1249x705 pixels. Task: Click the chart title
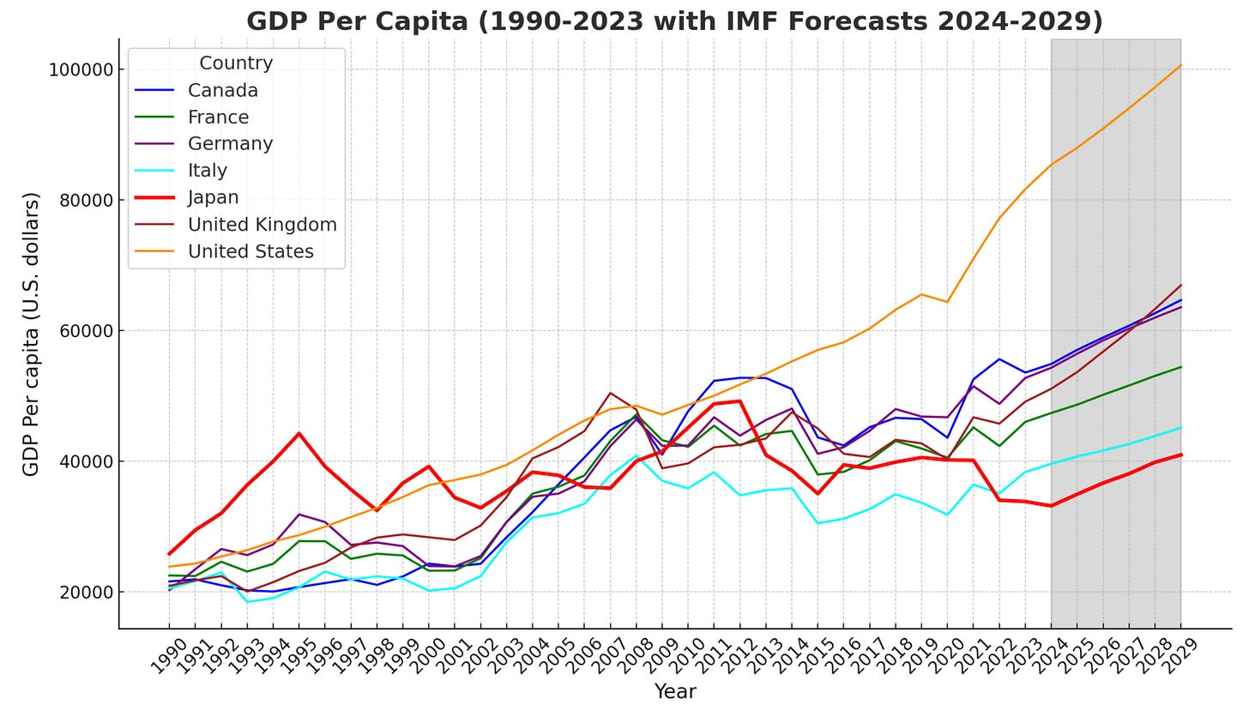(x=674, y=21)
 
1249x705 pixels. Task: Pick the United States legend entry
(x=250, y=252)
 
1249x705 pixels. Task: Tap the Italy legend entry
(x=207, y=171)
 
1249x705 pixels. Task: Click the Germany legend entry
(x=230, y=144)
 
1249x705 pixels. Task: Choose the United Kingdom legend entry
(x=262, y=225)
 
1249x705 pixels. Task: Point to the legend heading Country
(x=236, y=63)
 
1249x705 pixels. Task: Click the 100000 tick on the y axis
(x=81, y=69)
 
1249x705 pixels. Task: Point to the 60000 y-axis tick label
(x=85, y=331)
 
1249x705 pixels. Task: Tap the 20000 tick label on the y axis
(x=85, y=593)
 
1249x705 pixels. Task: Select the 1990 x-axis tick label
(x=168, y=656)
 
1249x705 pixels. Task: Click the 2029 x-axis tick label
(x=1180, y=656)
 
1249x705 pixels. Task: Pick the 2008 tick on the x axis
(x=636, y=656)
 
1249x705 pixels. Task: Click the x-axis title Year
(x=675, y=691)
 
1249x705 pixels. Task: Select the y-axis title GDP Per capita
(x=31, y=334)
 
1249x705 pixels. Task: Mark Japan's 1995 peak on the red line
(x=299, y=433)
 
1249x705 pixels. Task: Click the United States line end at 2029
(x=1181, y=65)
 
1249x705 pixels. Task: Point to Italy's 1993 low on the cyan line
(x=247, y=601)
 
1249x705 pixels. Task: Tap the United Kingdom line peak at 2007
(x=610, y=393)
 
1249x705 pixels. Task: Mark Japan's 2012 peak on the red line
(x=739, y=401)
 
